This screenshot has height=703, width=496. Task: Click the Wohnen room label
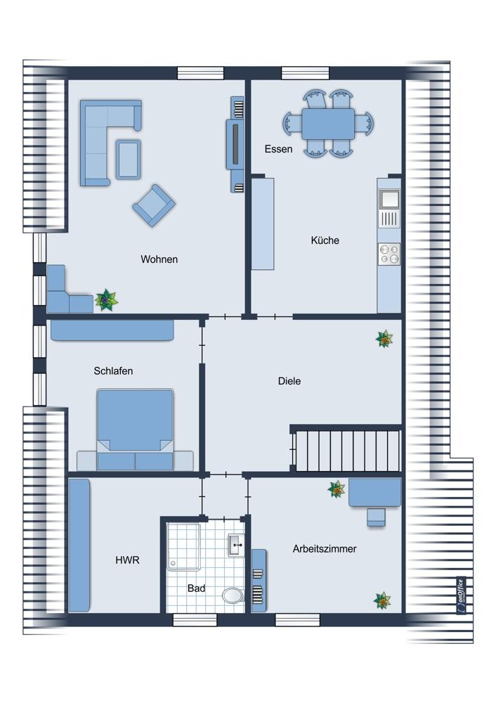tap(159, 259)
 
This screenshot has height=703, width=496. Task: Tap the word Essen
tap(278, 149)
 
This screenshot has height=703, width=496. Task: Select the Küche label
tap(325, 240)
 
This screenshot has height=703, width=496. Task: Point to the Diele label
tap(289, 381)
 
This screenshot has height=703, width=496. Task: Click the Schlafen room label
tap(113, 370)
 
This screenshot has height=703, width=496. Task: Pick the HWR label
tap(127, 560)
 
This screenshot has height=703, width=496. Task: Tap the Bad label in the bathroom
tap(196, 588)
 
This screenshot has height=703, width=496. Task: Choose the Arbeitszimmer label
tap(325, 549)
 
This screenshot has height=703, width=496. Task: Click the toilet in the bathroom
tap(233, 595)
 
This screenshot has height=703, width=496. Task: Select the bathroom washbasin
tap(236, 546)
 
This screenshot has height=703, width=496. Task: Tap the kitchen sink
tap(389, 199)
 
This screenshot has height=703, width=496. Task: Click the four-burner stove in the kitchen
tap(389, 253)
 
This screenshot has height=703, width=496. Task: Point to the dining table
tap(328, 124)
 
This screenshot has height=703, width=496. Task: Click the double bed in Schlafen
tap(135, 430)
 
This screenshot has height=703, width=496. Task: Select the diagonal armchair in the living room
tap(154, 205)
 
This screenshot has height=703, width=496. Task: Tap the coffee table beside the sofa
tap(128, 159)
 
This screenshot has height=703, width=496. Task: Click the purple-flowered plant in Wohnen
tap(107, 300)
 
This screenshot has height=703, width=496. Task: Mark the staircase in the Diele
tap(346, 450)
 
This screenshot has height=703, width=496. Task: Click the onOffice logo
tap(461, 595)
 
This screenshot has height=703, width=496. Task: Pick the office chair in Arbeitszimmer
tap(376, 517)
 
